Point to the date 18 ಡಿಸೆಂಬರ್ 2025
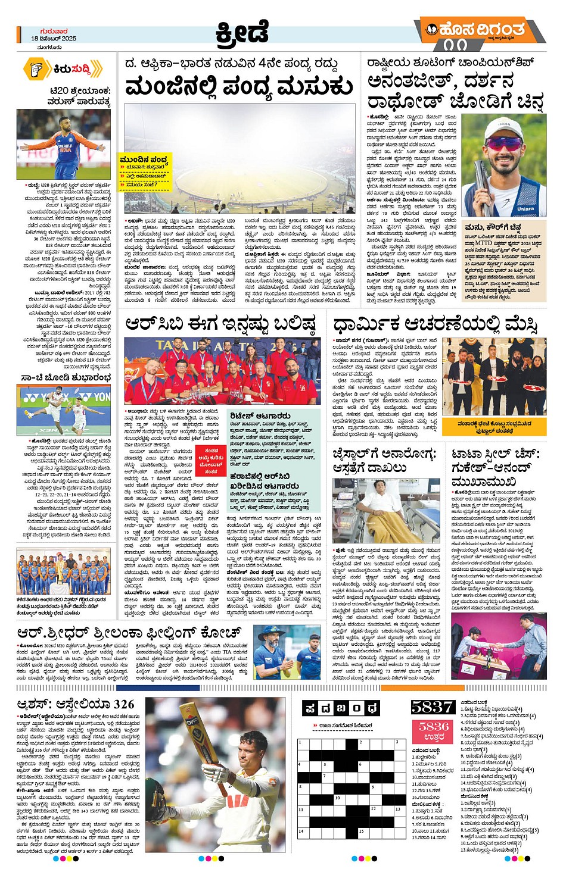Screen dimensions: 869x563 coord(54,38)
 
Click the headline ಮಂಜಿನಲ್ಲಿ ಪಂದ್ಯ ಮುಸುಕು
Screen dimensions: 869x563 coord(239,87)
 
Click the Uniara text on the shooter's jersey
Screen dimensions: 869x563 coord(525,209)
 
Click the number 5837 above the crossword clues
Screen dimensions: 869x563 coord(433,707)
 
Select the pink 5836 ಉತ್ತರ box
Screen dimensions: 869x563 coord(434,731)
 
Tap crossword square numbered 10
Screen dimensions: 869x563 coord(337,798)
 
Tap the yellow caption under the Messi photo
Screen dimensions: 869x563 coord(494,427)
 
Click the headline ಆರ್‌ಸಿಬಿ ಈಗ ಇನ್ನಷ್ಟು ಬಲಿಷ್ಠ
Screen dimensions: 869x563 coord(220,324)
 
